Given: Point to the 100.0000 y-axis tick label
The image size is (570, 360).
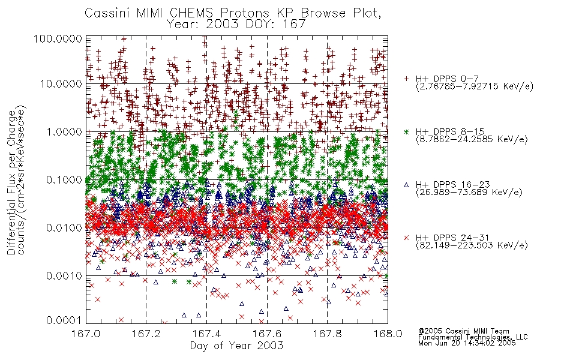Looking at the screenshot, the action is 58,38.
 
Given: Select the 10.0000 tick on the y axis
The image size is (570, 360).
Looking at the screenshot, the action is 61,84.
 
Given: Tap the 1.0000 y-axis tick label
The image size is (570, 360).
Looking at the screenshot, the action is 64,131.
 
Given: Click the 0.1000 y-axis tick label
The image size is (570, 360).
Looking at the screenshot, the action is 64,179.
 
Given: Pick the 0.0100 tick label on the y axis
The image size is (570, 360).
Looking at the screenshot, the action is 64,228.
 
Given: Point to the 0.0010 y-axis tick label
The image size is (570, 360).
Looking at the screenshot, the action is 64,276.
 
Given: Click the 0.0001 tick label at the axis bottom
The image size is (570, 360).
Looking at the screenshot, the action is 64,320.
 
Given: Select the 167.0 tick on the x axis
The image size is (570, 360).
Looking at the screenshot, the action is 86,334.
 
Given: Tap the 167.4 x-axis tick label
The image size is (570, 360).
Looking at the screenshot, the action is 206,334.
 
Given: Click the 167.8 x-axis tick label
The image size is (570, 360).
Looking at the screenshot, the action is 327,334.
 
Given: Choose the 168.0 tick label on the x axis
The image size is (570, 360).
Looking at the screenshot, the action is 388,334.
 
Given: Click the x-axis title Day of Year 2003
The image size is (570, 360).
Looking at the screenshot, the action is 236,346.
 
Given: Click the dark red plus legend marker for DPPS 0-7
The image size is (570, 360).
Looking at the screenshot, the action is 407,79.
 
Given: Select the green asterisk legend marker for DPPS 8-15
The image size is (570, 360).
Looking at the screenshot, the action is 407,131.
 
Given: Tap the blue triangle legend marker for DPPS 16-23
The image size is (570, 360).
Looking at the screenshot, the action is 407,185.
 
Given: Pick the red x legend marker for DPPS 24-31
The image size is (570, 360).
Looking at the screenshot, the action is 407,238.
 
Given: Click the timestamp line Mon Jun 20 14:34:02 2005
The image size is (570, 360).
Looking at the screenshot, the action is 467,343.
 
